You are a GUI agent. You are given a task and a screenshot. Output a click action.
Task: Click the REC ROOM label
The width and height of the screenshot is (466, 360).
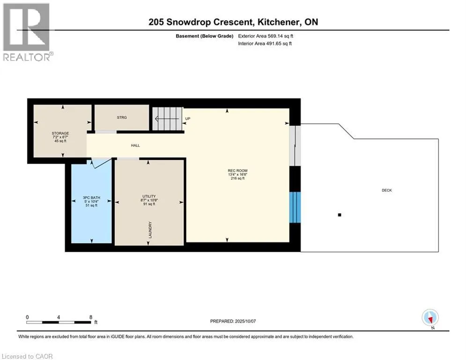[x=237, y=171]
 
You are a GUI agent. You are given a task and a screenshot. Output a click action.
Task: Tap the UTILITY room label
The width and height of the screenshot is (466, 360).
[x=149, y=196]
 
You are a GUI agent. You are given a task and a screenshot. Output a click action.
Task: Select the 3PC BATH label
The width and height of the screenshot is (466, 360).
[x=91, y=197]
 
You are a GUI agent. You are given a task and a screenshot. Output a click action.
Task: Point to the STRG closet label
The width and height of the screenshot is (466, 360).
[x=122, y=118]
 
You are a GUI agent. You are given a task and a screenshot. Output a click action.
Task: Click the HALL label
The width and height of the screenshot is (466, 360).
[x=135, y=145]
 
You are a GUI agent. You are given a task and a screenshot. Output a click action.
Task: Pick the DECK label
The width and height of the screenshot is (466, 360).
[x=387, y=190]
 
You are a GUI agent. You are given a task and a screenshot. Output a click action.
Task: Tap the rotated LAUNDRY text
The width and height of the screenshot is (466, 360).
[x=150, y=230]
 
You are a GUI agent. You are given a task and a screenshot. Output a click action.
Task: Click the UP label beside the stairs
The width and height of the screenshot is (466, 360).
[x=187, y=119]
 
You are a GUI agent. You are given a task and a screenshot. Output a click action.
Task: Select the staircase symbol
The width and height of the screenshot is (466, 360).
[x=167, y=119]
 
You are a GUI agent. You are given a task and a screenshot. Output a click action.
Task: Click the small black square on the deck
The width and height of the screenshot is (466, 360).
[x=340, y=215]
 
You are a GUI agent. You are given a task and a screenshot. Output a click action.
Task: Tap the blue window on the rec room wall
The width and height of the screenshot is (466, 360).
[x=295, y=207]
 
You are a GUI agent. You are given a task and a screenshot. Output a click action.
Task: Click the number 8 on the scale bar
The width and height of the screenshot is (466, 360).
[x=91, y=317]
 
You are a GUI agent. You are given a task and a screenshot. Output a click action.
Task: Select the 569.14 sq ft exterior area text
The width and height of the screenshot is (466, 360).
[x=280, y=36]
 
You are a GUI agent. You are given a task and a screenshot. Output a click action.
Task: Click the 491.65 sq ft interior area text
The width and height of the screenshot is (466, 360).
[x=279, y=44]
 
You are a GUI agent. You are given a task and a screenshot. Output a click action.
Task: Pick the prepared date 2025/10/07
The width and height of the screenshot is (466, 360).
[x=245, y=321]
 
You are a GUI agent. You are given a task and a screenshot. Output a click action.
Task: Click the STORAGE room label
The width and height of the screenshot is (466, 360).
[x=60, y=133]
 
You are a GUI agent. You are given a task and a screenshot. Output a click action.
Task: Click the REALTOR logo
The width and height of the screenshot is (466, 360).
[x=27, y=32]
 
